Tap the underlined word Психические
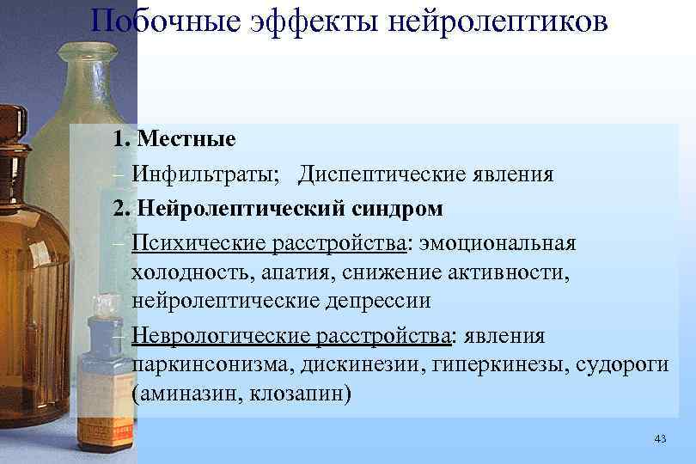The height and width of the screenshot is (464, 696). [199, 244]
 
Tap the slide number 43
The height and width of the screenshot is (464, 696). [660, 439]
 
